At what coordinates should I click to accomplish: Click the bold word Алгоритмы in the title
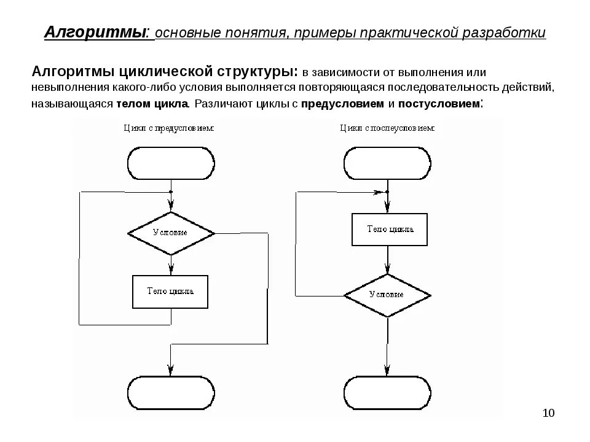click(x=96, y=33)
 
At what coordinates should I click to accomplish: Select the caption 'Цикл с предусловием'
click(x=168, y=129)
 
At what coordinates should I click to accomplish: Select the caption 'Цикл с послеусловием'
click(x=387, y=129)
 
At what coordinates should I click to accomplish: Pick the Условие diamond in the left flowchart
click(x=171, y=233)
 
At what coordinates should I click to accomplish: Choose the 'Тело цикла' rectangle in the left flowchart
click(x=170, y=292)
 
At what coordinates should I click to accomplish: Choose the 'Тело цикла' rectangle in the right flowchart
click(x=390, y=229)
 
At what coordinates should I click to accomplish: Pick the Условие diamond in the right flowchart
click(x=387, y=295)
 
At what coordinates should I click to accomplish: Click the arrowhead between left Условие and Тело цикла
click(x=171, y=269)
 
